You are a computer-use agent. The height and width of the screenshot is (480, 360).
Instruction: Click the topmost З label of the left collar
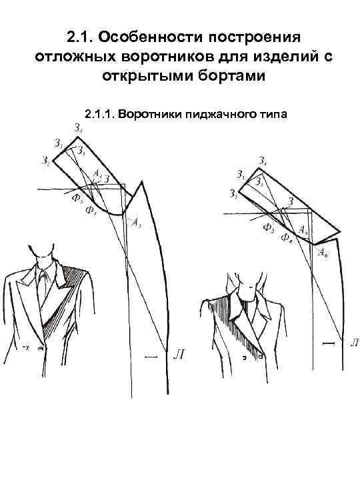[x=79, y=128]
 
